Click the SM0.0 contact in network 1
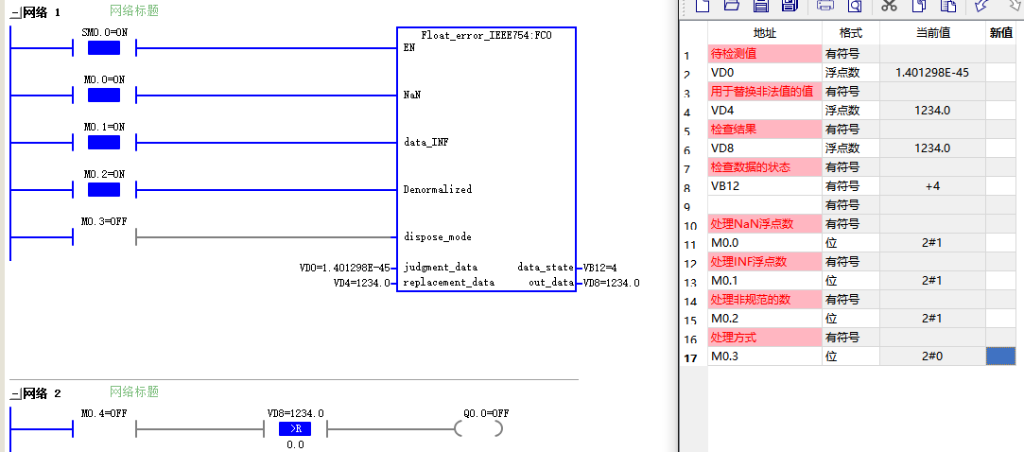point(104,48)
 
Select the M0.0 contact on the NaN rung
point(104,96)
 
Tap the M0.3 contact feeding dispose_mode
point(104,237)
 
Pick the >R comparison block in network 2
point(295,428)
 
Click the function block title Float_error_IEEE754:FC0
point(487,35)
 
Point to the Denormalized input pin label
point(438,189)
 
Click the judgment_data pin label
point(441,268)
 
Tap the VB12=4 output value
point(600,268)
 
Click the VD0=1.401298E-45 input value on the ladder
point(344,268)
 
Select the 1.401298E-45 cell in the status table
point(931,73)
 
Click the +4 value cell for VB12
point(931,186)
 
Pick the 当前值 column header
point(932,33)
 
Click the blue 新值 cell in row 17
point(1000,356)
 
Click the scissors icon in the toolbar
point(889,6)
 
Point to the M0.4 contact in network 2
point(104,429)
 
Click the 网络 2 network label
point(42,393)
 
